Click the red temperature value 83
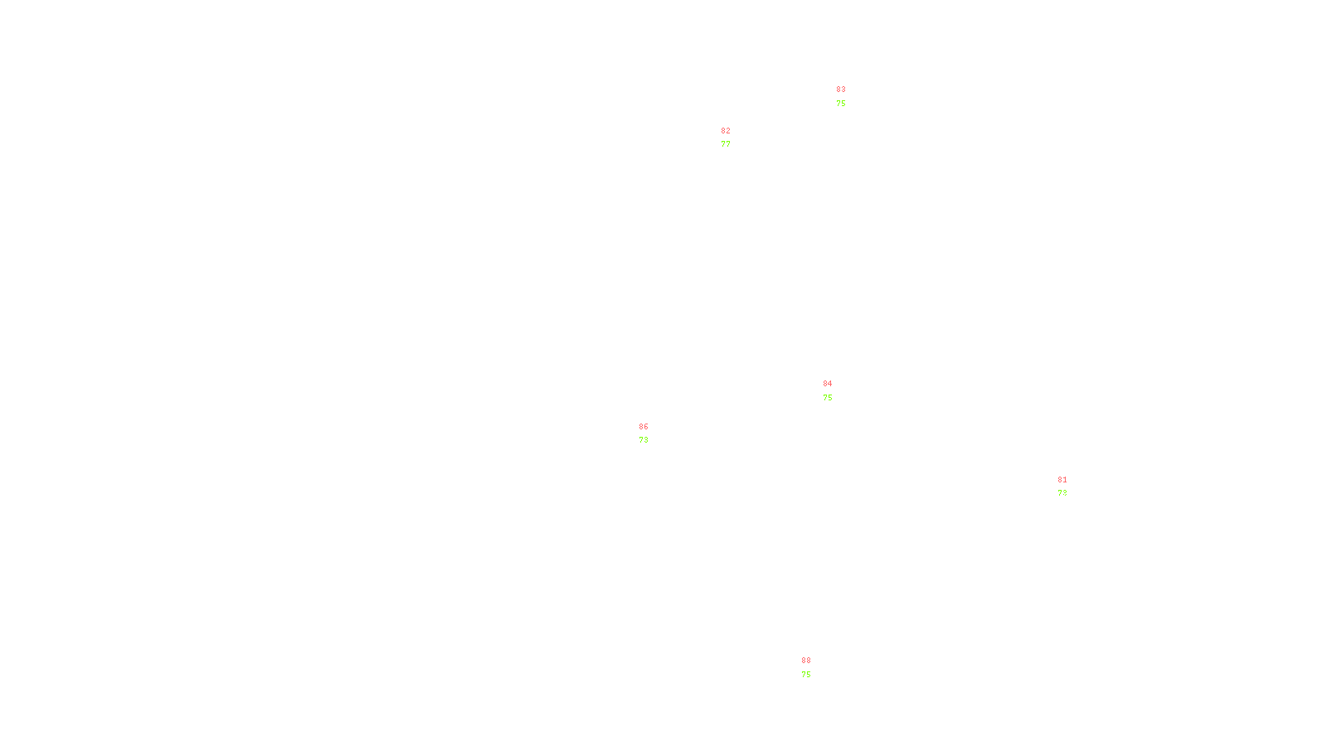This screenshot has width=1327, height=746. tap(841, 90)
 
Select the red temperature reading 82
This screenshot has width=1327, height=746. tap(726, 131)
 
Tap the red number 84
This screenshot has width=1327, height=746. tap(828, 384)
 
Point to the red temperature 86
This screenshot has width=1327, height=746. tap(644, 427)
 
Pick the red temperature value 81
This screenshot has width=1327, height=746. tap(1062, 480)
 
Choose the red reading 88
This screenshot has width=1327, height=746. tap(806, 661)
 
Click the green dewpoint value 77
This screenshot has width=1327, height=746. tap(726, 144)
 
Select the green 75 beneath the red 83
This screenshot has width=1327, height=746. tap(841, 104)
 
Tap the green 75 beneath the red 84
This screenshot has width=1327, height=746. tap(828, 398)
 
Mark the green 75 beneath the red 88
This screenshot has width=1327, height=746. tap(806, 675)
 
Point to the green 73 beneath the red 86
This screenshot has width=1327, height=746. tap(644, 440)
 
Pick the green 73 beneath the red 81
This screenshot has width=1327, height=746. tap(1062, 493)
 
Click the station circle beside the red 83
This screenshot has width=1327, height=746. tap(848, 97)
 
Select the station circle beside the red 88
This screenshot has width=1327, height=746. tap(814, 668)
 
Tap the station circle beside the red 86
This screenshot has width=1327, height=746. tap(651, 434)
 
